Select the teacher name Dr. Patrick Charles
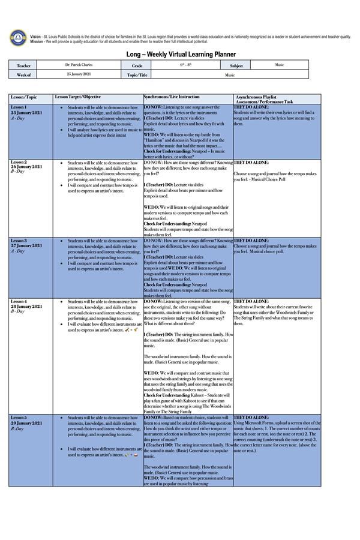tap(79, 65)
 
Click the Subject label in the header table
tap(236, 65)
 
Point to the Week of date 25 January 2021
tap(79, 74)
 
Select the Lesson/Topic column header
tap(24, 97)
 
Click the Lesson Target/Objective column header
tap(78, 97)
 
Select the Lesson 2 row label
tap(19, 162)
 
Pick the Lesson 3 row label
tap(19, 241)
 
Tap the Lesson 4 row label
tap(19, 301)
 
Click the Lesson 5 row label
tap(19, 417)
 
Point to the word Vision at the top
tap(35, 37)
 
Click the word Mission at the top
tap(37, 41)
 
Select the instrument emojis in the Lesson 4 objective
tap(131, 329)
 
